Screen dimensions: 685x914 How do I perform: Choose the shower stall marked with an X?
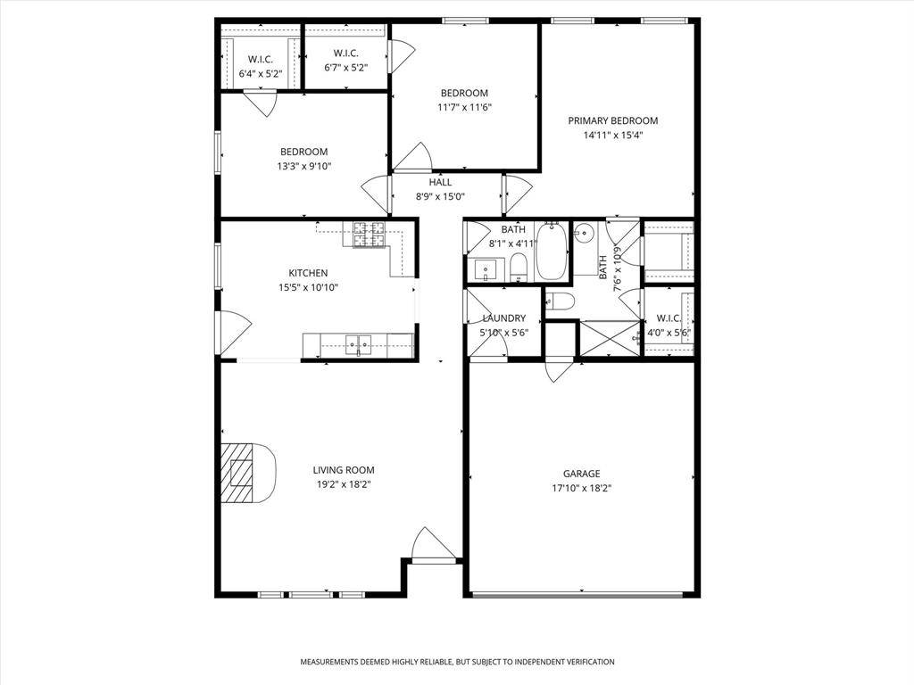tap(610, 338)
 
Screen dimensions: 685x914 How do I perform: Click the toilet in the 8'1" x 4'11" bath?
tap(518, 266)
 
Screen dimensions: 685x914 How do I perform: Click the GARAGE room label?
tap(581, 474)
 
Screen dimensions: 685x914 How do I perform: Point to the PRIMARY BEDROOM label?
tap(613, 120)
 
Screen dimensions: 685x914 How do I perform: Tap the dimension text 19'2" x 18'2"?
tap(343, 484)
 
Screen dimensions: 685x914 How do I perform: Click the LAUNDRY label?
tap(503, 318)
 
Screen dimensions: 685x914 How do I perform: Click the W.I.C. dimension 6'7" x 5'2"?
tap(345, 67)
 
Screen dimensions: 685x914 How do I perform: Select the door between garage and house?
tap(560, 367)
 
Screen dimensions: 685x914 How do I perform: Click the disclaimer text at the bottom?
tap(457, 662)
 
